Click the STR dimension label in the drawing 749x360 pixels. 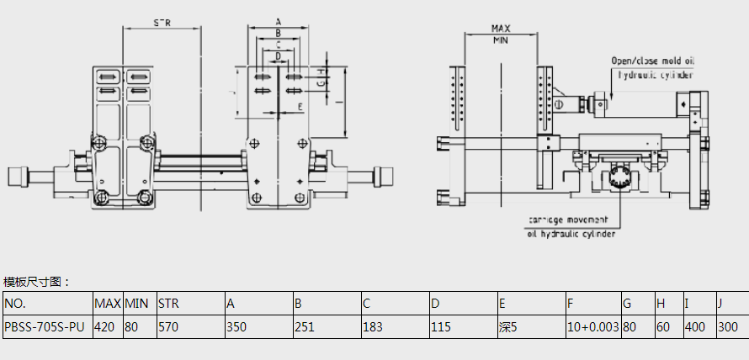tap(162, 23)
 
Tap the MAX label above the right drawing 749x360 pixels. tap(501, 29)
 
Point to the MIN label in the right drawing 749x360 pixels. tap(501, 40)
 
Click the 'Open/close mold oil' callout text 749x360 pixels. tap(653, 61)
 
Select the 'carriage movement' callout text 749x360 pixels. tap(571, 220)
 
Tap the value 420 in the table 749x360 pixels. tap(105, 326)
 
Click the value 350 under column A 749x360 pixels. tap(238, 326)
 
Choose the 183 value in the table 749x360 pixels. tap(373, 326)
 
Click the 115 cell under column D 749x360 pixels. tap(441, 326)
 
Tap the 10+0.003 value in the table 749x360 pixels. tap(592, 326)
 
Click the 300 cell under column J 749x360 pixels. tap(728, 326)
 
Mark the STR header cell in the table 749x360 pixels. tap(169, 303)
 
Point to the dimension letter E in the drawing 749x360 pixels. tap(300, 108)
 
